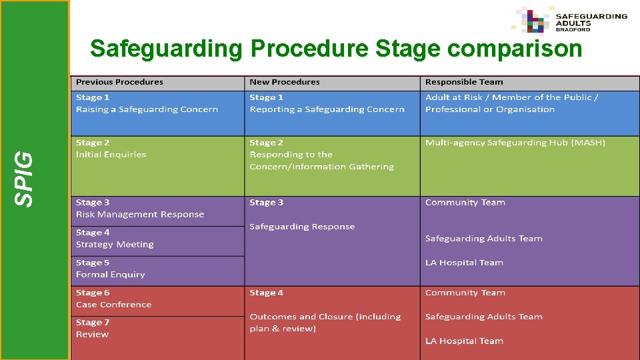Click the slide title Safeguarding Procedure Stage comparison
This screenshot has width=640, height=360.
coord(336,49)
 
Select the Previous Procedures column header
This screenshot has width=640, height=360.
coord(120,82)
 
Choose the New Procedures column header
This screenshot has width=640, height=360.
coord(285,82)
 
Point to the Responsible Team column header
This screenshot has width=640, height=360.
coord(464,82)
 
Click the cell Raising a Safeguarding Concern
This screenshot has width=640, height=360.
coord(147,109)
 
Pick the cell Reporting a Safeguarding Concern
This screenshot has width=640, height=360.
coord(327,109)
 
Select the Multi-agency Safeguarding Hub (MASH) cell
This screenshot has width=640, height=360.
coord(515,143)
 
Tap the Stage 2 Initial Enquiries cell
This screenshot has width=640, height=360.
coord(111,149)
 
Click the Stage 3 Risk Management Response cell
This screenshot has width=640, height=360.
coord(140,209)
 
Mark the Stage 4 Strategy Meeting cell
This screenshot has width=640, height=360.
coord(115,239)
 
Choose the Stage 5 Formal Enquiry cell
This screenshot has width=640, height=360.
coord(110,269)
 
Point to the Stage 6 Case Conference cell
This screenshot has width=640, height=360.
coord(113,299)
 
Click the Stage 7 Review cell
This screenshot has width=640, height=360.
coord(93,329)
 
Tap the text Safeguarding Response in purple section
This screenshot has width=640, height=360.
coord(302,227)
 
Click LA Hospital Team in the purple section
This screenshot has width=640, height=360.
coord(464,263)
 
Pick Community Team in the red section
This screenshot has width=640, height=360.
coord(465,293)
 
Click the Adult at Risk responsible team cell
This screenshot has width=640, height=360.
coord(511,103)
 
